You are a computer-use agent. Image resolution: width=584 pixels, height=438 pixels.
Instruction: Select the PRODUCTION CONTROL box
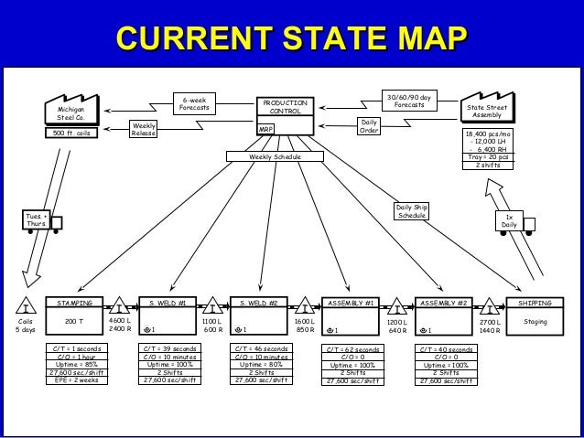point(285,108)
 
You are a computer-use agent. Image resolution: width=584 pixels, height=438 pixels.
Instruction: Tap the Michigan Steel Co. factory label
point(70,113)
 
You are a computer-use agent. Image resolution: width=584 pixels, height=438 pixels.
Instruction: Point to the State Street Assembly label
point(486,111)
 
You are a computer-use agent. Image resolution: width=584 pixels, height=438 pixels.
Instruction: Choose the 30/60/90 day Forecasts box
point(409,101)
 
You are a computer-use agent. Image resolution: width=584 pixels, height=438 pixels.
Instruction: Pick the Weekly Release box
point(144,130)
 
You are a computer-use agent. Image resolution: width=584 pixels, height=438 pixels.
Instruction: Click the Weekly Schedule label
point(276,157)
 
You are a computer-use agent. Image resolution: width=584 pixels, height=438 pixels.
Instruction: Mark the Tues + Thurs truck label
point(35,219)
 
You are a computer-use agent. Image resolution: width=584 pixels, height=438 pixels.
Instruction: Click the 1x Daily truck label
point(509,220)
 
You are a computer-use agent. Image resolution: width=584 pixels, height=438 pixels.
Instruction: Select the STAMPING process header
point(75,302)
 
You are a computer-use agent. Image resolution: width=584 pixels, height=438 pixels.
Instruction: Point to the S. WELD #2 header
point(258,302)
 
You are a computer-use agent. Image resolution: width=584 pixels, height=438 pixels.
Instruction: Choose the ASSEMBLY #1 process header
point(352,302)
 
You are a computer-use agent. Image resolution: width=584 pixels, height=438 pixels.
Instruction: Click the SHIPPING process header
point(535,302)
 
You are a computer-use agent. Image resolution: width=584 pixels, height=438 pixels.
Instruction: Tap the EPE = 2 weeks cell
point(77,379)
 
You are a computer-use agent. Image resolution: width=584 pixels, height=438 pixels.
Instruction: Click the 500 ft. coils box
point(70,134)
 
